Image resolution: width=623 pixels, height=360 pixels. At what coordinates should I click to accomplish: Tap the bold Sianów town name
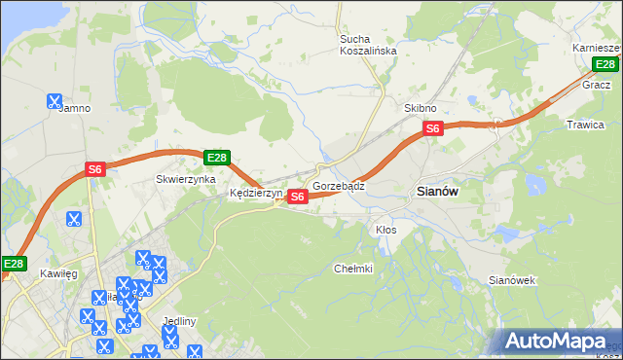pyautogui.click(x=437, y=192)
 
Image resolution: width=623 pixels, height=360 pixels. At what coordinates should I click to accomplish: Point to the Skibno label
pyautogui.click(x=421, y=108)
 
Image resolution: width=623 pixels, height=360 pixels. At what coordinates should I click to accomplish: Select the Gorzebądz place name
pyautogui.click(x=339, y=185)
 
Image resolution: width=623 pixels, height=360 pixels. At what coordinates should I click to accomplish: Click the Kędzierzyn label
pyautogui.click(x=255, y=193)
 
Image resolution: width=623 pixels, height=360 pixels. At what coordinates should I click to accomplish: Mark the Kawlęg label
pyautogui.click(x=58, y=273)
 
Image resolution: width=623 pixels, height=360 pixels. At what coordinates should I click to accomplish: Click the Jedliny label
pyautogui.click(x=181, y=321)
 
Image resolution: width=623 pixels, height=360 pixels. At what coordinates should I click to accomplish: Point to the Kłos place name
pyautogui.click(x=386, y=230)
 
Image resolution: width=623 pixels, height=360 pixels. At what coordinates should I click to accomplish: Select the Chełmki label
pyautogui.click(x=353, y=269)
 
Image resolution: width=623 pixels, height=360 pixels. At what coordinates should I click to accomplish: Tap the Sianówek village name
pyautogui.click(x=512, y=280)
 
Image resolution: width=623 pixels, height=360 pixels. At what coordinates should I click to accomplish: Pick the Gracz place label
pyautogui.click(x=596, y=85)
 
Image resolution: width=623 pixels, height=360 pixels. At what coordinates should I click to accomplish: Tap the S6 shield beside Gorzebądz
pyautogui.click(x=298, y=197)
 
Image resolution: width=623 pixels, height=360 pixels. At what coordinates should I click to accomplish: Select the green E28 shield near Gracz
pyautogui.click(x=605, y=64)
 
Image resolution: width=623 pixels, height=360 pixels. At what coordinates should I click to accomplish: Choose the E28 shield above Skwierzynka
pyautogui.click(x=216, y=158)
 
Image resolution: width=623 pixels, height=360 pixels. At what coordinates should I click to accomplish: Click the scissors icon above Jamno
pyautogui.click(x=55, y=99)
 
